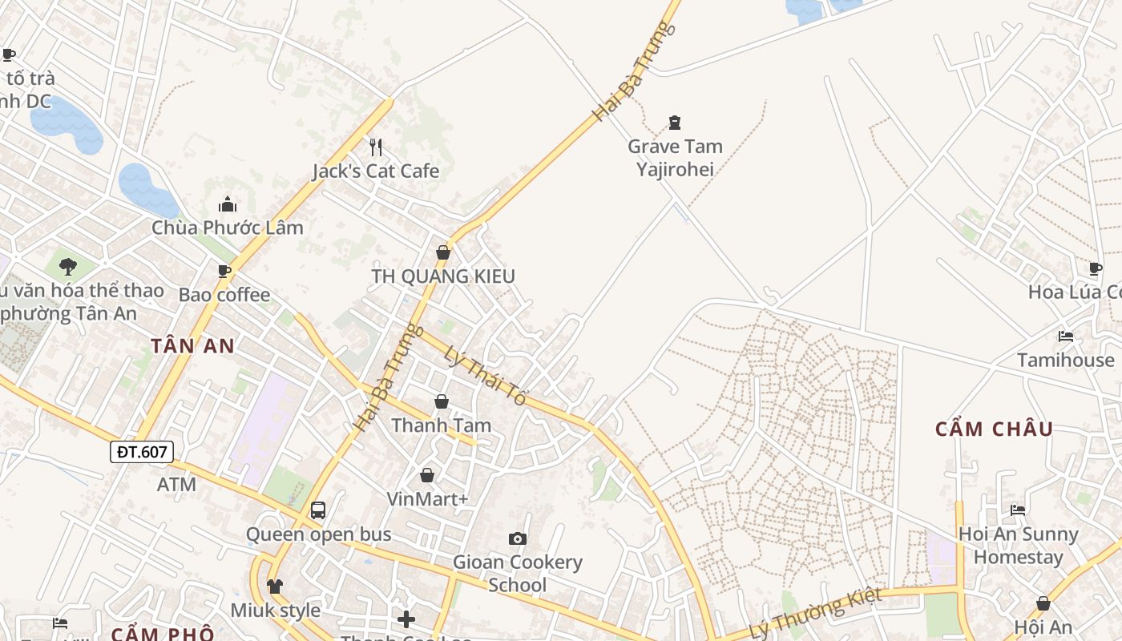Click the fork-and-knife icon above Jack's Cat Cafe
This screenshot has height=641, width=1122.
point(375,147)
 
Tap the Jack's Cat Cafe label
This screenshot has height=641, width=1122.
point(375,171)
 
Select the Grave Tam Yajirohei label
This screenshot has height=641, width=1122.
point(675,157)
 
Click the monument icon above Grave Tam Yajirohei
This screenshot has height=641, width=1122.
point(675,123)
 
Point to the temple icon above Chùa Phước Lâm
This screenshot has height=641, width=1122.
point(228,204)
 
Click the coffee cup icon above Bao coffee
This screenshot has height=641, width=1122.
point(224,272)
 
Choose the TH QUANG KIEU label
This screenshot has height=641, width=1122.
point(442,276)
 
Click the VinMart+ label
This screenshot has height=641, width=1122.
point(427,499)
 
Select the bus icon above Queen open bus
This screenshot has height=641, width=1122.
point(318,510)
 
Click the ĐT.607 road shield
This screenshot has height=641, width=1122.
point(142,452)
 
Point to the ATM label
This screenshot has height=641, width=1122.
point(176,484)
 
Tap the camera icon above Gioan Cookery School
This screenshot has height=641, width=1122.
point(518,538)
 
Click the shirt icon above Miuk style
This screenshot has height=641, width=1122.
point(275,587)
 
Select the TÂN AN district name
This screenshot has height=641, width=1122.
point(192,346)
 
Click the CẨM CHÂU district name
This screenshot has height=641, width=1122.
point(994,429)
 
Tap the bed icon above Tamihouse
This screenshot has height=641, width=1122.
point(1065,337)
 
